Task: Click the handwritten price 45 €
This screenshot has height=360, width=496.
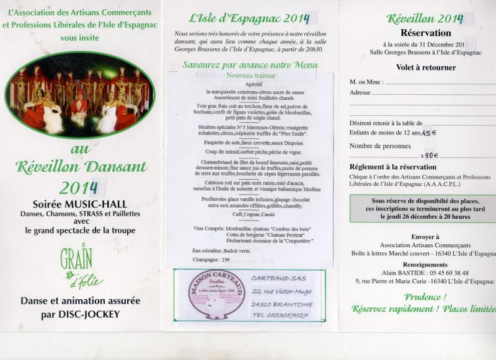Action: [x=430, y=132]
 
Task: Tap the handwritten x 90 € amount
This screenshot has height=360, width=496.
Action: [x=428, y=156]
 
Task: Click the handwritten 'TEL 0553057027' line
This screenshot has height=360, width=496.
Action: [x=280, y=316]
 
